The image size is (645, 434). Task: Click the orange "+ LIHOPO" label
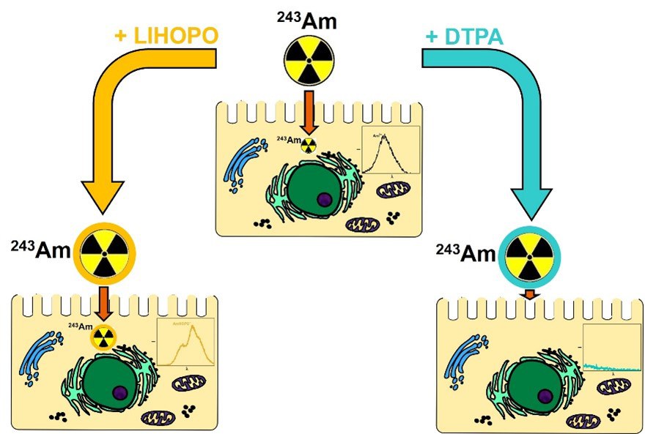pos(166,37)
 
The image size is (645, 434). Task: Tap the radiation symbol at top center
pos(309,60)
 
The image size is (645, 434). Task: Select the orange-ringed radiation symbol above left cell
pos(107,253)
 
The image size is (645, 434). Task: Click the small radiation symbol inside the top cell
pos(309,145)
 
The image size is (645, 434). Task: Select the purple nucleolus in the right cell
pos(544,396)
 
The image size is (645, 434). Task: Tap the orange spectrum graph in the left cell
pos(184,343)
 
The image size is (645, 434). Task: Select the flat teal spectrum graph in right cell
pos(611,348)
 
